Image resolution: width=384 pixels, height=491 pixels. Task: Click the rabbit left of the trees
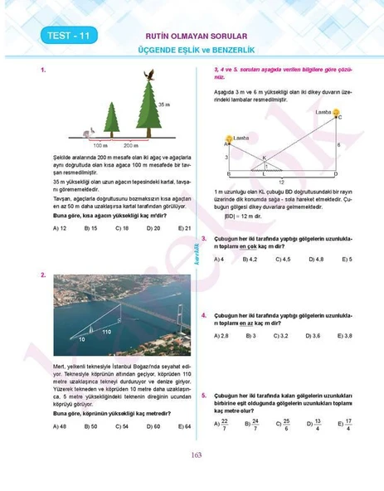pyautogui.click(x=89, y=130)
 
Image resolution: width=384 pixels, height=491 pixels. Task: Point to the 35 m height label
pyautogui.click(x=164, y=104)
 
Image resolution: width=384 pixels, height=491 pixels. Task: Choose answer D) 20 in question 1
pyautogui.click(x=153, y=227)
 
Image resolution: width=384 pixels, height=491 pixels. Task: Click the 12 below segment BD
pyautogui.click(x=281, y=181)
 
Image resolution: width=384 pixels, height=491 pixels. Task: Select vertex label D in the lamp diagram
pyautogui.click(x=335, y=174)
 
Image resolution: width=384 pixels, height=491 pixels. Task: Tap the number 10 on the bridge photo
pyautogui.click(x=82, y=339)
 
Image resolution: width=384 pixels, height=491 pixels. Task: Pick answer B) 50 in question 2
pyautogui.click(x=91, y=426)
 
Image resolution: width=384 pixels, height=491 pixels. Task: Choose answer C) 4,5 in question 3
pyautogui.click(x=282, y=260)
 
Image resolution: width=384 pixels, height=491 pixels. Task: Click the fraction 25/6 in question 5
pyautogui.click(x=285, y=423)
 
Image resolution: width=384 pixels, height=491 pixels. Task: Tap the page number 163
pyautogui.click(x=197, y=454)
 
